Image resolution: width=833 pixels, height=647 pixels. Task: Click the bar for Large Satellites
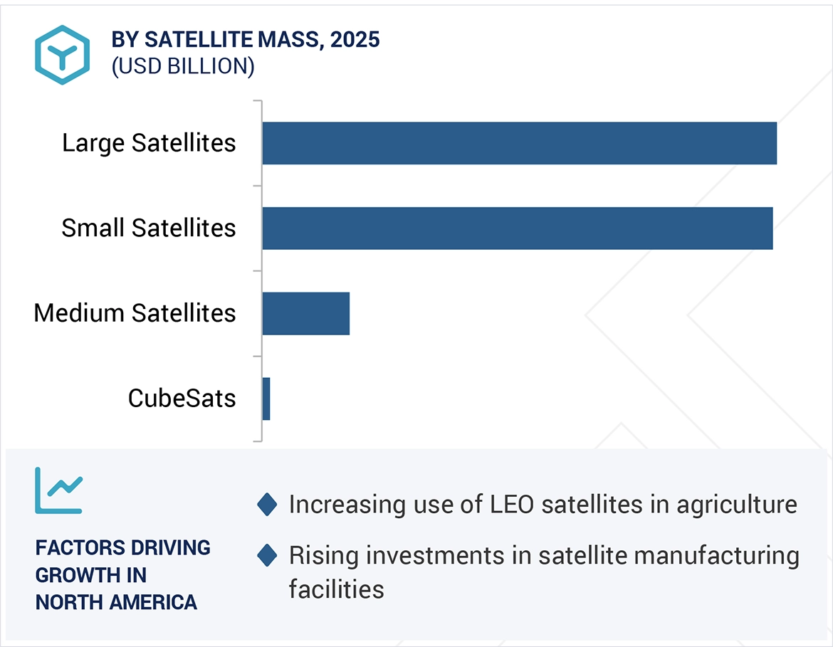click(x=519, y=143)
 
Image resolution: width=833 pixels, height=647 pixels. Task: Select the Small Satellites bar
click(x=517, y=228)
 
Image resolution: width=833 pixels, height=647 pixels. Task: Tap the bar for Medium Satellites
click(x=305, y=313)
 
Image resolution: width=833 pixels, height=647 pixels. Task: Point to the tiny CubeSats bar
click(x=266, y=399)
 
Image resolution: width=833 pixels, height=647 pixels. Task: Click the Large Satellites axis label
click(x=148, y=143)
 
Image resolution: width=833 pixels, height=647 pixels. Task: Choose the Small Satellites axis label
click(x=148, y=228)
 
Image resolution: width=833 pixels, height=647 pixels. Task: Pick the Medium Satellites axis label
click(x=135, y=313)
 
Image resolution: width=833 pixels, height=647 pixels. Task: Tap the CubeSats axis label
click(x=182, y=399)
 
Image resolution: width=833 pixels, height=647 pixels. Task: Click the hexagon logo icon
click(x=62, y=56)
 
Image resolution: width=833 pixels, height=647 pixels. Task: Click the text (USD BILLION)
click(x=182, y=66)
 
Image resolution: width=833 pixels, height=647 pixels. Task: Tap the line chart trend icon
click(x=58, y=490)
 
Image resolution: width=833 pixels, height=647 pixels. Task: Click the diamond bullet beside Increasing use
click(x=267, y=505)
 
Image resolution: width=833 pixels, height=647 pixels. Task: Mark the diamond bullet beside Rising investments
click(x=267, y=555)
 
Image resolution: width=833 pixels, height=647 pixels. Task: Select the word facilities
click(x=336, y=589)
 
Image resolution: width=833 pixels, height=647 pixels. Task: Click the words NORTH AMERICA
click(x=116, y=602)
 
